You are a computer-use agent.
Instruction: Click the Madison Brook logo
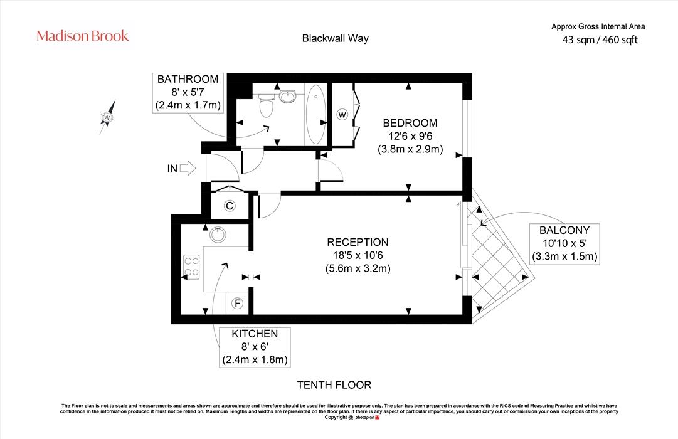[x=83, y=36]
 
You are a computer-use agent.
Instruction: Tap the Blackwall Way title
[x=335, y=38]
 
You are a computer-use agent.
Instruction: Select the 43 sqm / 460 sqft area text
[x=600, y=40]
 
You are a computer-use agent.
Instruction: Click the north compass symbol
[x=108, y=117]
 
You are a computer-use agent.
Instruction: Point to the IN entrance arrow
[x=188, y=168]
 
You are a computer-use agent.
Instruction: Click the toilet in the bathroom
[x=267, y=106]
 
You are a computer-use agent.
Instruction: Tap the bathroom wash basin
[x=287, y=96]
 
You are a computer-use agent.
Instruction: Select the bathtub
[x=316, y=114]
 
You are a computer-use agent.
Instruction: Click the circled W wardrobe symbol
[x=342, y=115]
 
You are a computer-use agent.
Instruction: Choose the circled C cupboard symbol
[x=230, y=206]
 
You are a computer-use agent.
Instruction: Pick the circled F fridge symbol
[x=237, y=304]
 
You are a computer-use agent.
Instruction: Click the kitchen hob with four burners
[x=191, y=267]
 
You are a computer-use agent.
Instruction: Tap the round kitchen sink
[x=218, y=235]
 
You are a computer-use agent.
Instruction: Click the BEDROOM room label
[x=410, y=124]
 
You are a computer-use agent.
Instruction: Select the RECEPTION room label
[x=358, y=242]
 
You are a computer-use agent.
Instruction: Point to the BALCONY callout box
[x=564, y=243]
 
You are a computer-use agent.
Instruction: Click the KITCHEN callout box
[x=255, y=347]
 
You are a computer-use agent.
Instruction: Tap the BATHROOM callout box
[x=188, y=93]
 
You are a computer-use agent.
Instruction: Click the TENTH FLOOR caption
[x=334, y=385]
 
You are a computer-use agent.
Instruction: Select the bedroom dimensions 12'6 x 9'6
[x=410, y=136]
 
